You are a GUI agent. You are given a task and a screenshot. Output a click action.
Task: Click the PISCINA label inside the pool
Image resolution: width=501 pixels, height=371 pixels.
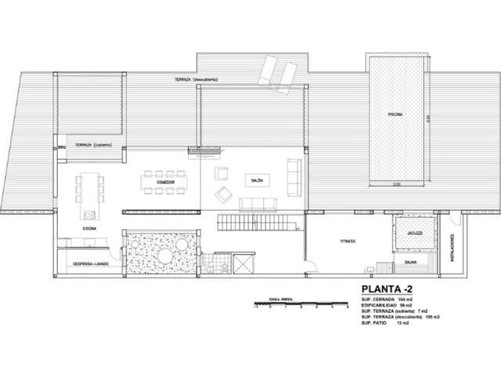[x=395, y=115]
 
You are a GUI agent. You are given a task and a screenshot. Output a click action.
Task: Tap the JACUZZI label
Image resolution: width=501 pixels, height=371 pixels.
[x=414, y=233]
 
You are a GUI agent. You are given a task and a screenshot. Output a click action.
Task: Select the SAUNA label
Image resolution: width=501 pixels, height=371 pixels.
[x=410, y=263]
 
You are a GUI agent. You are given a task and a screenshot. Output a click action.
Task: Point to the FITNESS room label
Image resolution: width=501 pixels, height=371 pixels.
[x=348, y=241]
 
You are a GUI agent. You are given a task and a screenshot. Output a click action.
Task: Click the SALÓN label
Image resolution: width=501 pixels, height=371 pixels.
[x=257, y=180]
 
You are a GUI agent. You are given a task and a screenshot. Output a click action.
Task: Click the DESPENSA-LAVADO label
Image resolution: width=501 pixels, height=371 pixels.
[x=91, y=264]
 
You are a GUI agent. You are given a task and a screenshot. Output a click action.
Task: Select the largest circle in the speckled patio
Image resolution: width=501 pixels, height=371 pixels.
[x=166, y=258]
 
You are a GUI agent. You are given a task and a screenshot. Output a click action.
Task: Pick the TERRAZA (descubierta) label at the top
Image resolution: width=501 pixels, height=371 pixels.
[x=196, y=80]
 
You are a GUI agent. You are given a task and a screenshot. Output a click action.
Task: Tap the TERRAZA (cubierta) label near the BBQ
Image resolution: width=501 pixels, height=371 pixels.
[x=93, y=146]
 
